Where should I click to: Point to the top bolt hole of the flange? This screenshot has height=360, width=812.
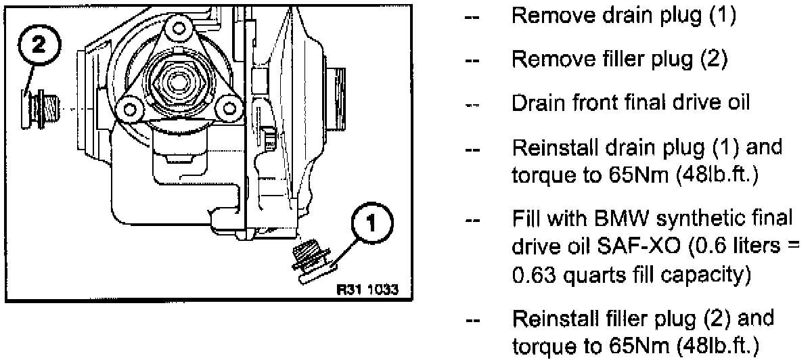click(x=178, y=28)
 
